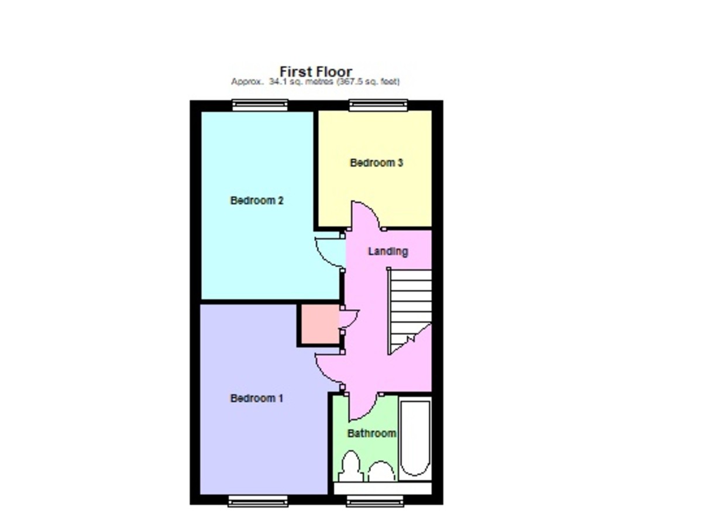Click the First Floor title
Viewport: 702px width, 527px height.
pyautogui.click(x=316, y=72)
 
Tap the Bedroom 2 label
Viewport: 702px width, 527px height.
pyautogui.click(x=257, y=201)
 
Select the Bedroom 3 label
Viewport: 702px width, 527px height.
pyautogui.click(x=376, y=163)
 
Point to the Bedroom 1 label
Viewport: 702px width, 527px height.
pyautogui.click(x=257, y=399)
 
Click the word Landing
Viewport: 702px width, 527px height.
pyautogui.click(x=387, y=252)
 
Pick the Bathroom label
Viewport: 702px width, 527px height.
pyautogui.click(x=371, y=434)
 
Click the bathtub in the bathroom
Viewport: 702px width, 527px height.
pyautogui.click(x=415, y=437)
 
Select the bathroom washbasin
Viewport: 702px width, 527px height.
pyautogui.click(x=381, y=471)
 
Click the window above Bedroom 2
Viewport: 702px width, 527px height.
pyautogui.click(x=260, y=105)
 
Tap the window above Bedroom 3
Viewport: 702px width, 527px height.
pyautogui.click(x=377, y=105)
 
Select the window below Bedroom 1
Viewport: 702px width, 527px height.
pyautogui.click(x=258, y=501)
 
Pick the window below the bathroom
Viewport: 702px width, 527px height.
pyautogui.click(x=374, y=501)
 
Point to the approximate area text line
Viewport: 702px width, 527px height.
pyautogui.click(x=315, y=83)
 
